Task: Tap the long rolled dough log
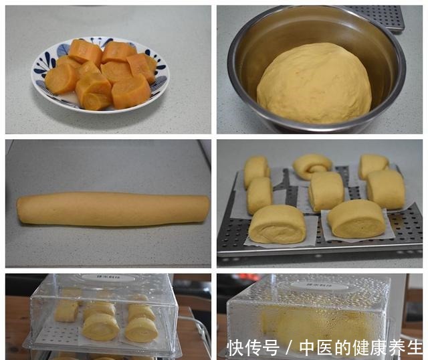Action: (x=112, y=208)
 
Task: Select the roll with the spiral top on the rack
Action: (x=312, y=165)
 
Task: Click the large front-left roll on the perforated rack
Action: (x=277, y=223)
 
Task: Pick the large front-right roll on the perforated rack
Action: (x=356, y=218)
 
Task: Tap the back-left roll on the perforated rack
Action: (x=256, y=170)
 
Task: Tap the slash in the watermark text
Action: (x=289, y=348)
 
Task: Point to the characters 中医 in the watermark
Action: (x=315, y=348)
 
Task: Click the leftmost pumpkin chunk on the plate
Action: (x=61, y=79)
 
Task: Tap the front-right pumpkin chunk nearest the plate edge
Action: (x=131, y=92)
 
